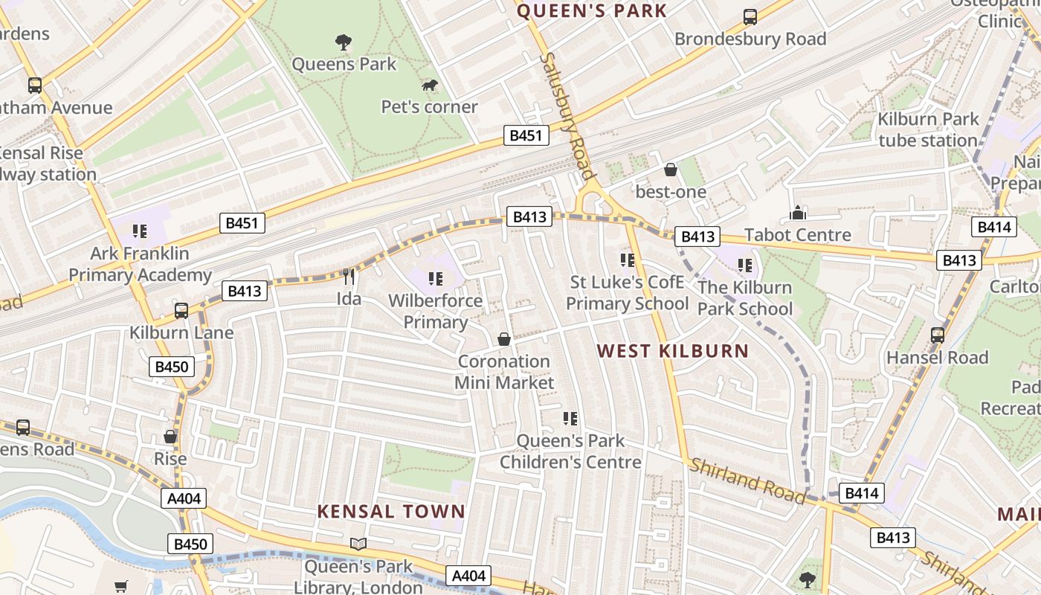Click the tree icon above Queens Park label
pos(343,42)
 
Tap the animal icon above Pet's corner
pos(429,86)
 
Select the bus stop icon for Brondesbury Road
pos(750,17)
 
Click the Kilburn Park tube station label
pos(927,129)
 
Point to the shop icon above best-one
pos(670,170)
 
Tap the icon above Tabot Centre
pos(798,213)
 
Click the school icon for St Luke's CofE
pos(628,260)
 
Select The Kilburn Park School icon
pos(745,266)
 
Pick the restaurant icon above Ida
pos(349,277)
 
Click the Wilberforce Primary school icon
pos(436,279)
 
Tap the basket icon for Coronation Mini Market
pos(504,340)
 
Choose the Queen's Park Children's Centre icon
pos(570,419)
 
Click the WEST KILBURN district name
pos(673,351)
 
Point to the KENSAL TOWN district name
pos(391,512)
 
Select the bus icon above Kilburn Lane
pos(181,311)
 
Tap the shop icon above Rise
pos(170,437)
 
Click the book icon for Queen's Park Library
pos(358,544)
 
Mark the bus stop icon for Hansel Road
pos(938,335)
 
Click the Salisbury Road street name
pos(569,115)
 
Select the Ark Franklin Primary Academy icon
pos(140,232)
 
